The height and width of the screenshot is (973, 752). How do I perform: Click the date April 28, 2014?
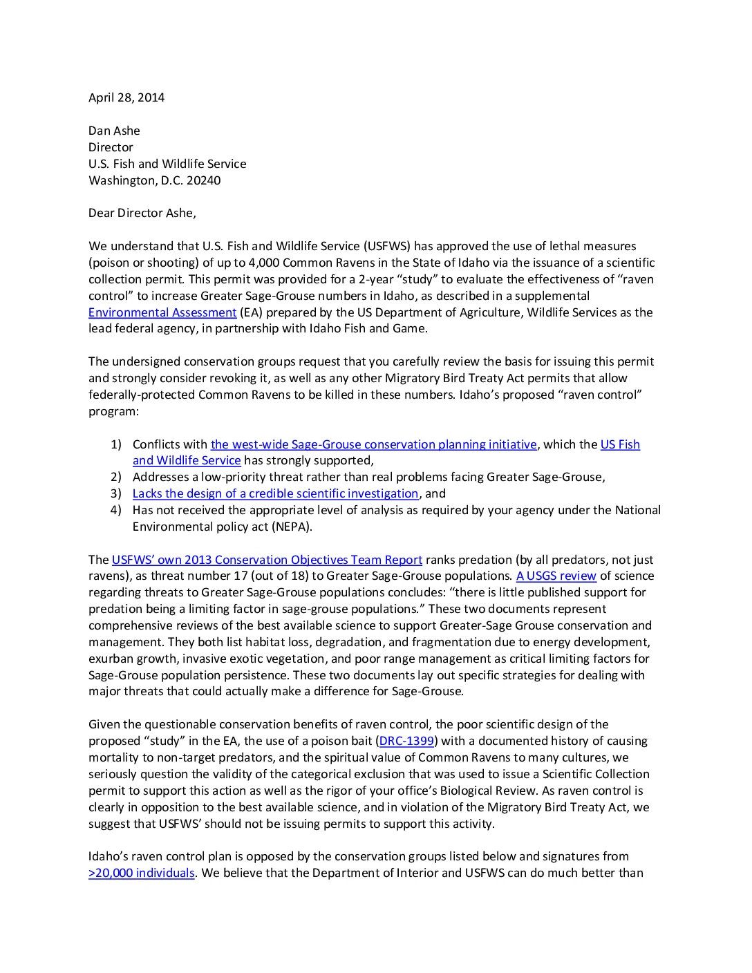point(126,97)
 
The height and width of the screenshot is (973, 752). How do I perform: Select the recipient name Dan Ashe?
point(114,131)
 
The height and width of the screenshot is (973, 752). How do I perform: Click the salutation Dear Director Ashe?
point(142,213)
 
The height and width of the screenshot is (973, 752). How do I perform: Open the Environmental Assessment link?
point(162,312)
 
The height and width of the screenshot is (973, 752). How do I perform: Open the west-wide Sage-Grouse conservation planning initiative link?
point(373,444)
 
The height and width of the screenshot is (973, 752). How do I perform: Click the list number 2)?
point(115,477)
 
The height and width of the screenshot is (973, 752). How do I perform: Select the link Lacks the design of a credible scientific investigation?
point(275,493)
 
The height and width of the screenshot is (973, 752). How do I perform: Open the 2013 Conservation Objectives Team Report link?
point(267,560)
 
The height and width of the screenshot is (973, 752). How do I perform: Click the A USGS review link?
point(556,576)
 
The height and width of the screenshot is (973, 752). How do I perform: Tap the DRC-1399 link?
point(406,741)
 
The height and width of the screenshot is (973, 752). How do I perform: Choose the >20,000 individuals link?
point(142,873)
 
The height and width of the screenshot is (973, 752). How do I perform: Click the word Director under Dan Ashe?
point(111,147)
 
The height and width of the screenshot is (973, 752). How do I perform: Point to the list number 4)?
point(115,510)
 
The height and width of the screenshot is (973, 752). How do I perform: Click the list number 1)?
point(115,444)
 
